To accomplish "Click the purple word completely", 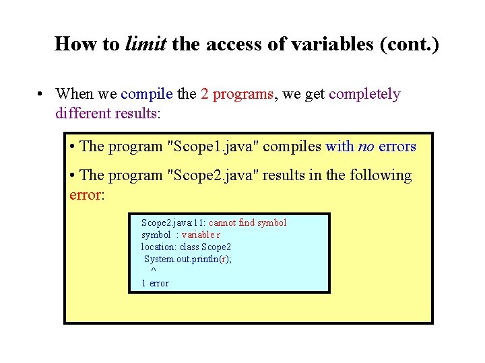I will coord(364,94).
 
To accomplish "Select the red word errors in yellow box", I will coord(397,146).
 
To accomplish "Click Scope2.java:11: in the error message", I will coord(173,223).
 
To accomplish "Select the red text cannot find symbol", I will coord(247,223).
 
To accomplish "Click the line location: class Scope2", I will coord(186,247).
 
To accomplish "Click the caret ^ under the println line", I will coord(154,270).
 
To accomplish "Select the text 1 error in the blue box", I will coord(155,283).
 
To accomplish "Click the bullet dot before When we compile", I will coord(42,95).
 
